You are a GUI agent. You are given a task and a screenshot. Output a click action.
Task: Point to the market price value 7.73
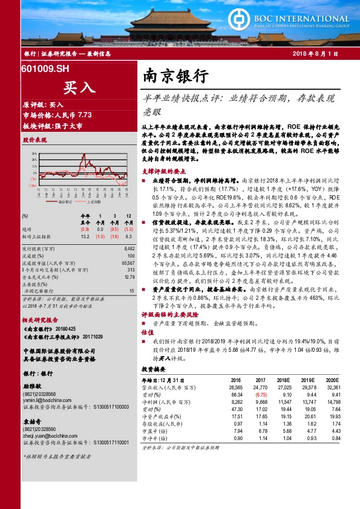84,114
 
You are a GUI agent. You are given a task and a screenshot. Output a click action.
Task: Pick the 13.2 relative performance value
85,236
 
